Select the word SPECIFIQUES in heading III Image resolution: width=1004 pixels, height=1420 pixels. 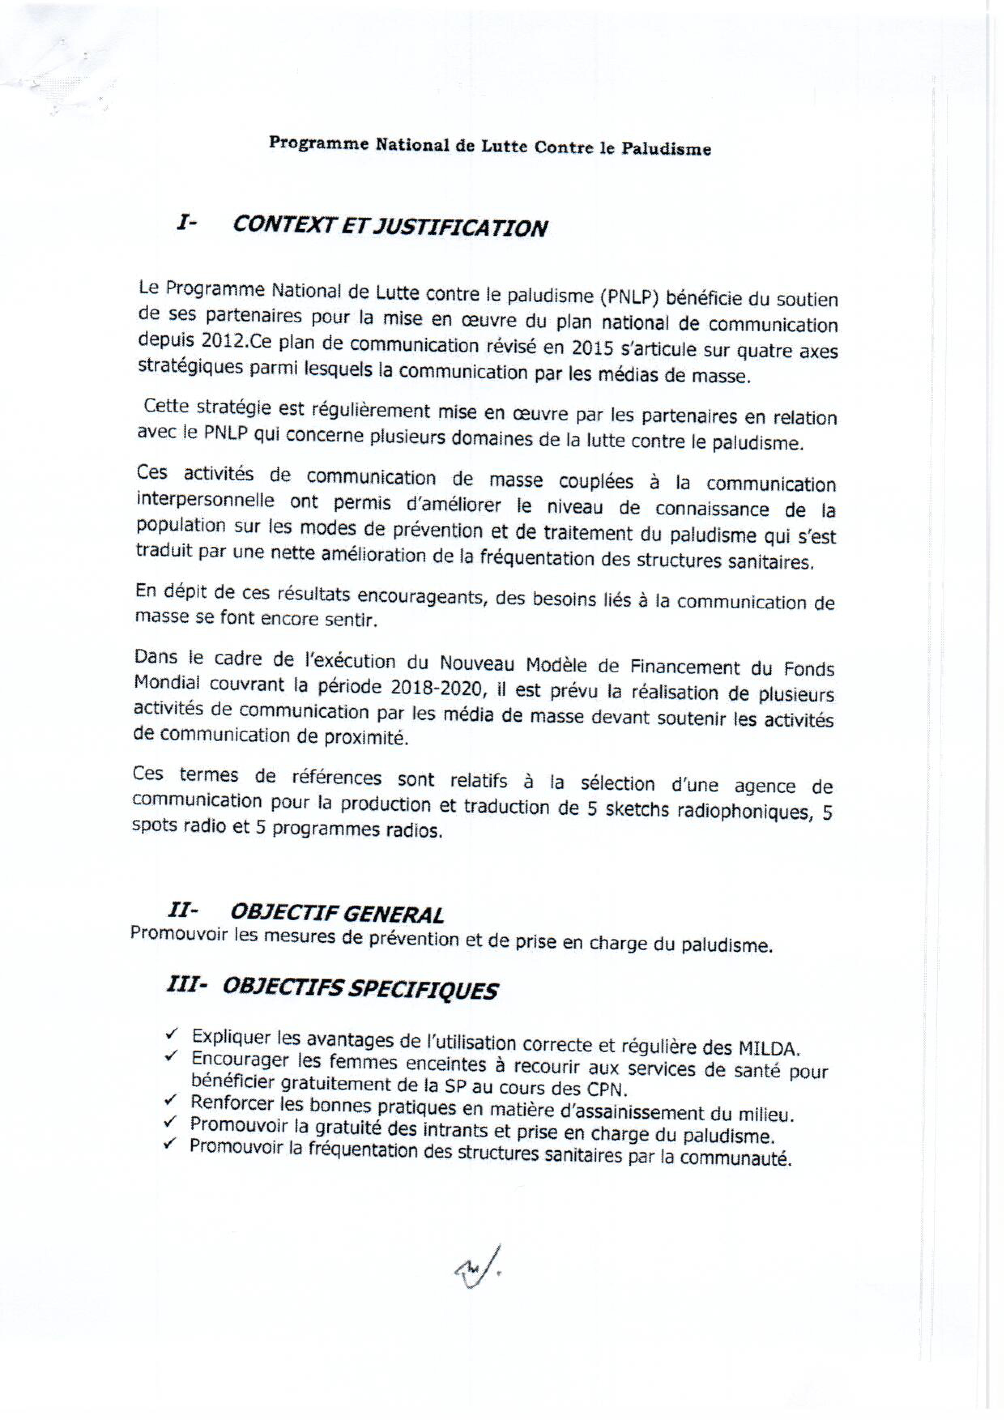click(x=422, y=990)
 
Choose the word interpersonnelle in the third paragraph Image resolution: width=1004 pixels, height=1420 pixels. click(x=205, y=500)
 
